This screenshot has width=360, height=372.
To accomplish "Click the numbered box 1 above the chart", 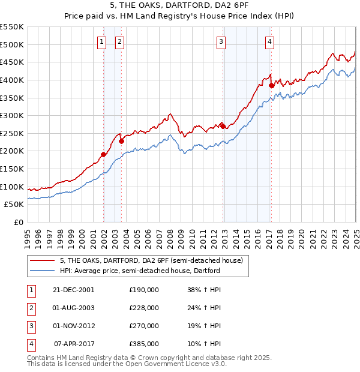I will tap(101, 41).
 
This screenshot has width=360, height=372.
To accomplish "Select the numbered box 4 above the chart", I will tap(270, 41).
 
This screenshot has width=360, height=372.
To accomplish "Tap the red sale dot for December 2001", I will tap(103, 154).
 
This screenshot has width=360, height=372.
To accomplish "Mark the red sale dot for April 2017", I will tap(271, 85).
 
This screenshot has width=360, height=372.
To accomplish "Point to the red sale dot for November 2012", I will tap(223, 126).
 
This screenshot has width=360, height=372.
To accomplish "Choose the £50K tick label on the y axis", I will tap(14, 205).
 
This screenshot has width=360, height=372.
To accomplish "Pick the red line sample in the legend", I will tap(43, 261).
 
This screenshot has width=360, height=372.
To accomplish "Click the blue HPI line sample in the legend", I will tap(43, 271).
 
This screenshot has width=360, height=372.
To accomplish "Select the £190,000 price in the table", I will tap(144, 289).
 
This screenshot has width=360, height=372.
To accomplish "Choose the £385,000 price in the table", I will tap(144, 344).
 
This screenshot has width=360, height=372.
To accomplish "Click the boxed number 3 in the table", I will tap(31, 326).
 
